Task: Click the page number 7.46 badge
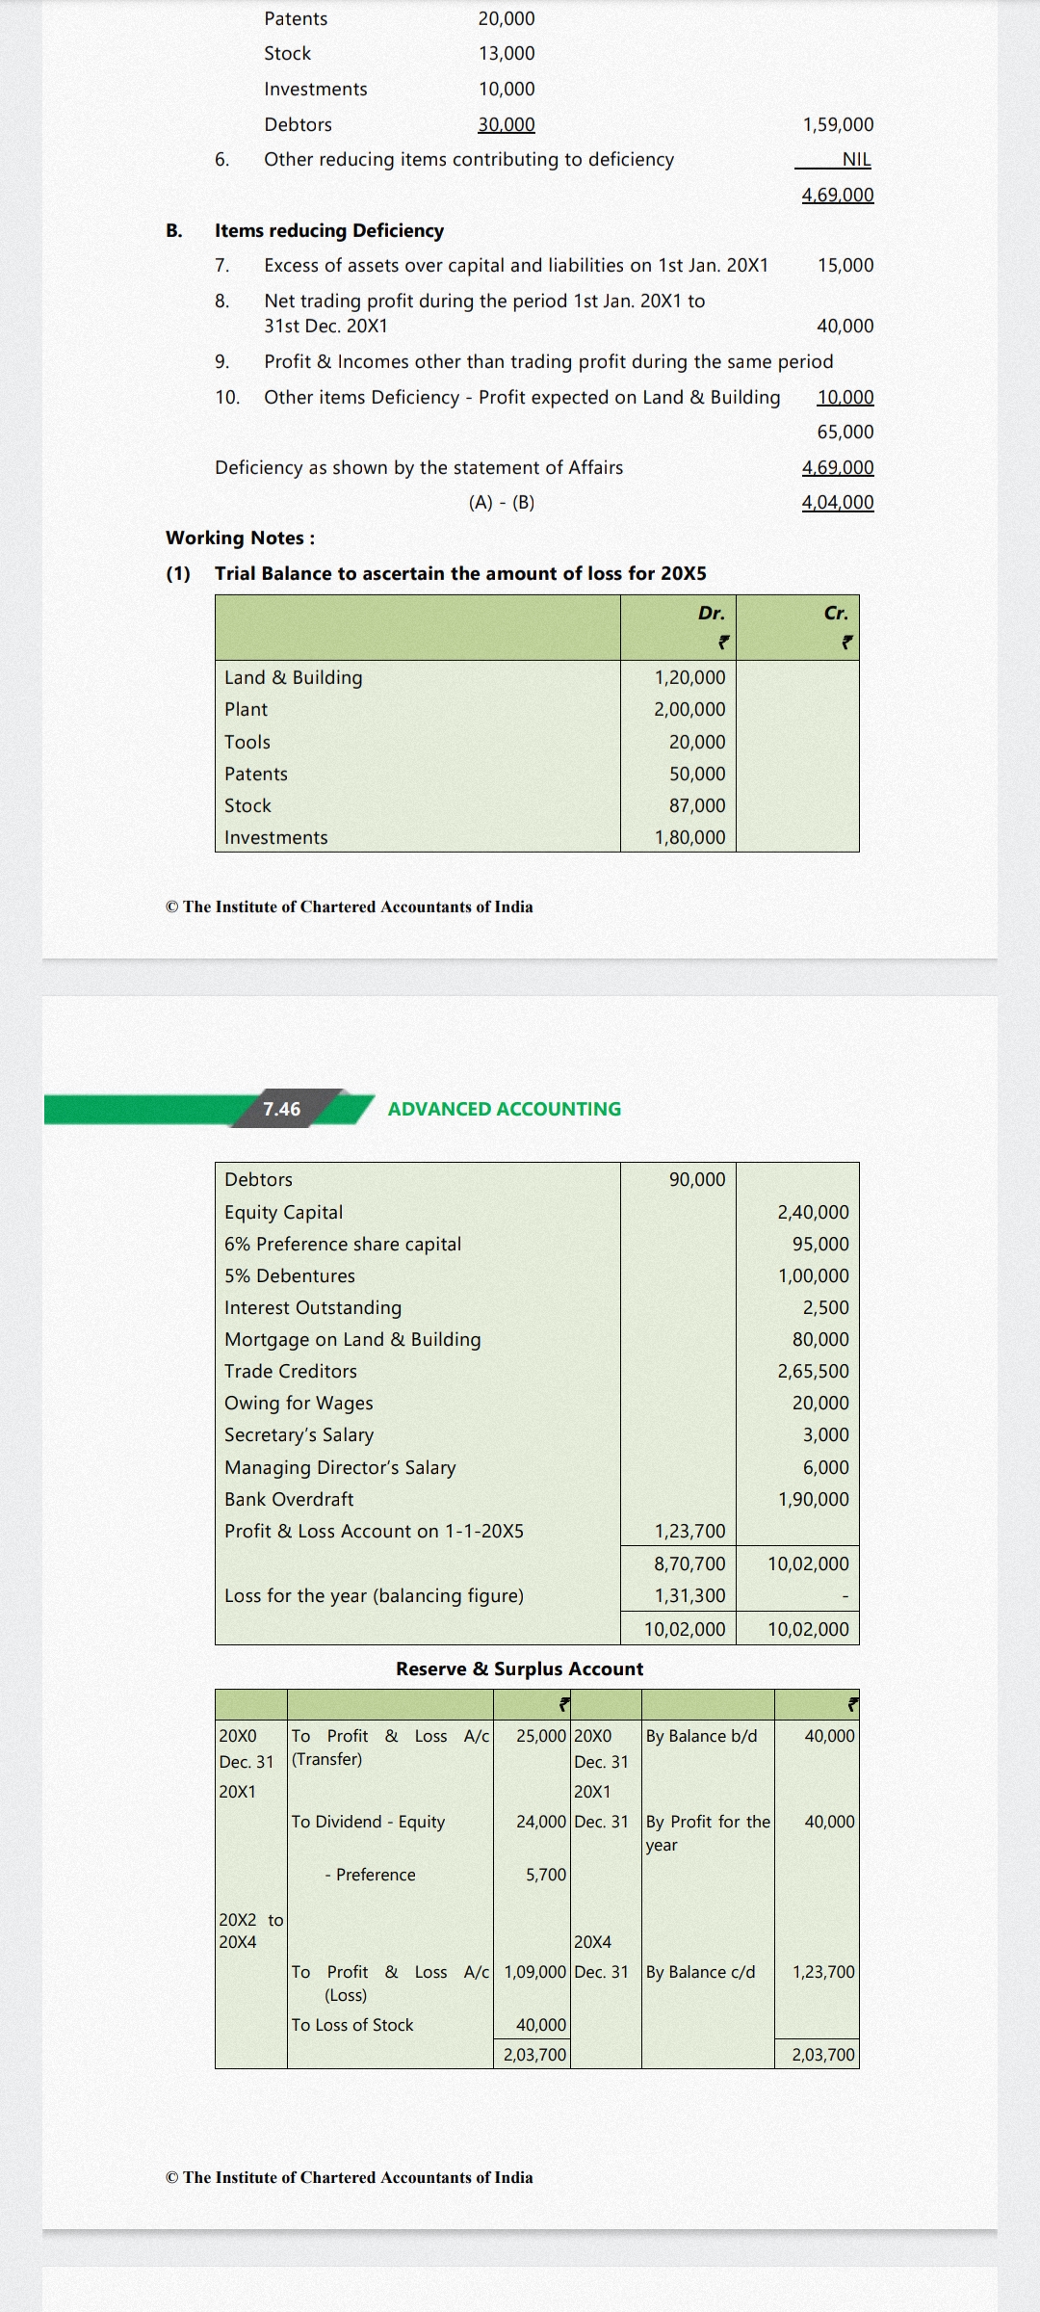pyautogui.click(x=282, y=1109)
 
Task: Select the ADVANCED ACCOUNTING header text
pyautogui.click(x=505, y=1109)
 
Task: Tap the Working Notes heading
pyautogui.click(x=240, y=538)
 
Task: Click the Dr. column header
pyautogui.click(x=712, y=613)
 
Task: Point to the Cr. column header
pyautogui.click(x=836, y=613)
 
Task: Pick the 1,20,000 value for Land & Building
pyautogui.click(x=689, y=677)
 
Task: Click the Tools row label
pyautogui.click(x=247, y=742)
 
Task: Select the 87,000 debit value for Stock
pyautogui.click(x=697, y=805)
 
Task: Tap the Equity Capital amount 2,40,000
pyautogui.click(x=813, y=1212)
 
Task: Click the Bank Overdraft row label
pyautogui.click(x=289, y=1499)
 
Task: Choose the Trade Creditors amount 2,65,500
pyautogui.click(x=813, y=1371)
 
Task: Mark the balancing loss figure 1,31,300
pyautogui.click(x=689, y=1595)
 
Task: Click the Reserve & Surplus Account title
pyautogui.click(x=519, y=1668)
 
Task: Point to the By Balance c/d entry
pyautogui.click(x=700, y=1972)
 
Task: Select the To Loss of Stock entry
pyautogui.click(x=352, y=2025)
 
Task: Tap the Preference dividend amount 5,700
pyautogui.click(x=546, y=1875)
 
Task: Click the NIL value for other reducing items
pyautogui.click(x=856, y=160)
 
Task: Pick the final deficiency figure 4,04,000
pyautogui.click(x=838, y=502)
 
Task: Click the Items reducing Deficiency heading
pyautogui.click(x=329, y=230)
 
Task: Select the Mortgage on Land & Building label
pyautogui.click(x=352, y=1339)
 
